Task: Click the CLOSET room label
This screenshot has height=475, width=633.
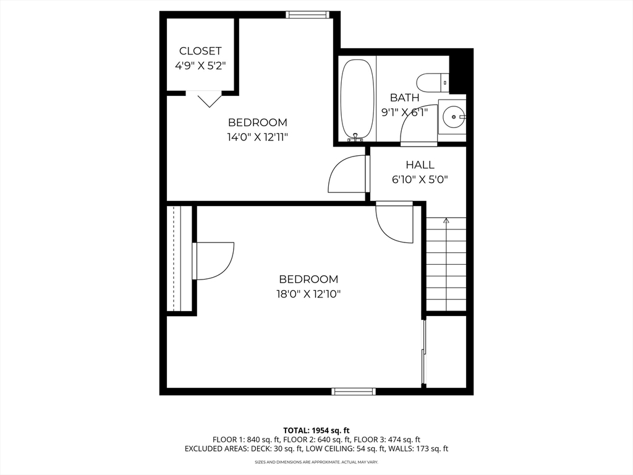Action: point(200,51)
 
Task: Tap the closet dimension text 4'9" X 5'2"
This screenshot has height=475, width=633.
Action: point(200,66)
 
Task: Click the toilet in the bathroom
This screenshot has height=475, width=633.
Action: point(433,82)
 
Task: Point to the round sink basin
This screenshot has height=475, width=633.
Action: point(454,117)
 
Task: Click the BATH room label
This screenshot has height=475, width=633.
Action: point(404,98)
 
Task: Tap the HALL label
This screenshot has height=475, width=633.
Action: point(420,165)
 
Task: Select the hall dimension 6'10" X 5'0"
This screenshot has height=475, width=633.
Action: point(420,179)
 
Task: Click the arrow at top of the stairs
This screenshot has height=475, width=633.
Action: point(446,221)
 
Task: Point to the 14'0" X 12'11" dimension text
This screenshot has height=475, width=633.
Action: point(258,137)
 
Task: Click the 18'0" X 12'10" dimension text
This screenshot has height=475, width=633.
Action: point(308,294)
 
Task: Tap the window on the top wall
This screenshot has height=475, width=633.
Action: point(308,15)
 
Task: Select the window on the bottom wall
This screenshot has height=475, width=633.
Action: point(354,391)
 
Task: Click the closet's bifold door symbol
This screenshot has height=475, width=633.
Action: point(209,100)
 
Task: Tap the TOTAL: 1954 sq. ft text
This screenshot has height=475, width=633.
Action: point(316,430)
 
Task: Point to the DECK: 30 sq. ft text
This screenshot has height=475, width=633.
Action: point(277,449)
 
